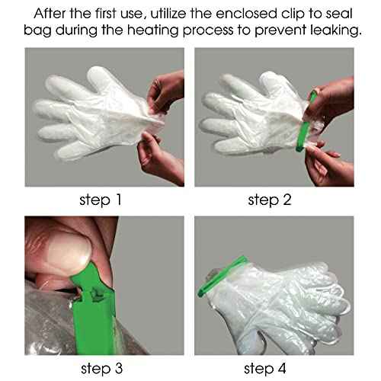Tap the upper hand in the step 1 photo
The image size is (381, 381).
pyautogui.click(x=168, y=88)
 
